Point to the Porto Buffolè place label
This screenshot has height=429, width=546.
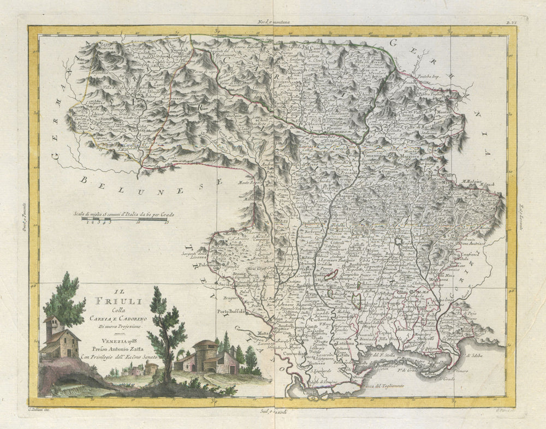point(232,312)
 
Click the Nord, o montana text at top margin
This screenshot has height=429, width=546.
point(274,22)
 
